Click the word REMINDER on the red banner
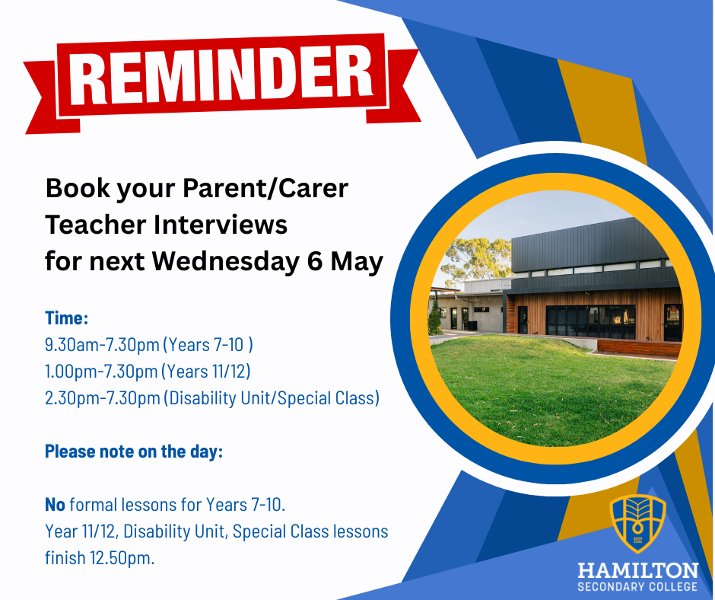pos(221,75)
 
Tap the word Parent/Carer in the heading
pos(265,188)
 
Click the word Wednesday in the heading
pos(226,262)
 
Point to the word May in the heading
pos(357,263)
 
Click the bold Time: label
pos(67,318)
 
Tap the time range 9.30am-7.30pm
pos(102,345)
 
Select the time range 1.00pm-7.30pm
pos(101,372)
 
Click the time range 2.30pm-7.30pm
pos(103,398)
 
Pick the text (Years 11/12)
pos(205,372)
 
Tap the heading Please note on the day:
pos(134,452)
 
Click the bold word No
pos(56,505)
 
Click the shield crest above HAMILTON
pos(638,524)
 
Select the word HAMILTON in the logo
pos(638,571)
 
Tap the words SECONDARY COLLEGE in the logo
pos(638,587)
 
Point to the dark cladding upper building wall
pos(593,249)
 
